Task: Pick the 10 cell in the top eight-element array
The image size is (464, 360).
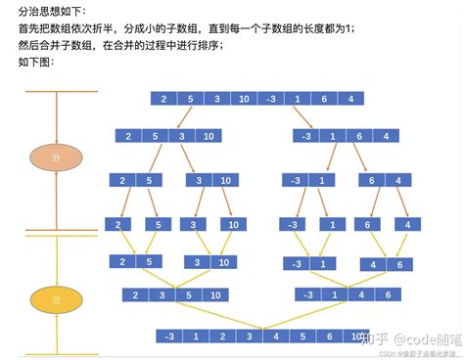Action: point(242,98)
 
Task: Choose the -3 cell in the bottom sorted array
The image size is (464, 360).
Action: point(171,336)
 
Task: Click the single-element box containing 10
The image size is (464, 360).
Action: point(232,224)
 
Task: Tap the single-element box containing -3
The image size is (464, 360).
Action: point(292,224)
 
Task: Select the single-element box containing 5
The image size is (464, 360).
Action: point(159,224)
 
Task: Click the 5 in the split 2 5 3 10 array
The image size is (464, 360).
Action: point(155,136)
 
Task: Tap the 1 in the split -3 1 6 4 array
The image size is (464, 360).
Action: point(333,136)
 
